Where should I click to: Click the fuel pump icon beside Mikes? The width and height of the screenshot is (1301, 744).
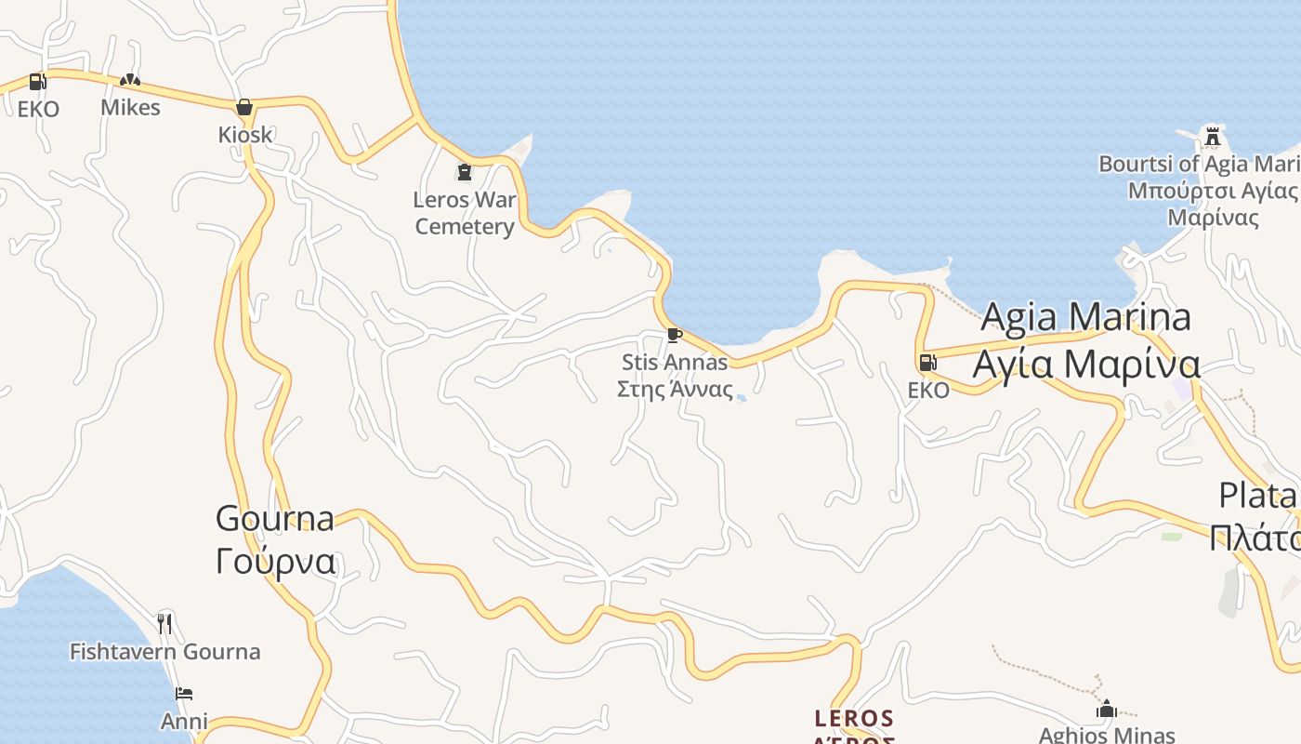37,82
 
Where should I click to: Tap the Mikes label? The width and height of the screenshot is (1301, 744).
130,108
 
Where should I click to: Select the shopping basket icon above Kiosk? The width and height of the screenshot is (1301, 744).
244,107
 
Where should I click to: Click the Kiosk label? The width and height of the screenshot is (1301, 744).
245,135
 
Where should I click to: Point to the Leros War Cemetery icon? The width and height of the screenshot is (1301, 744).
464,172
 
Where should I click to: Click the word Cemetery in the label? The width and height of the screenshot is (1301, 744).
464,227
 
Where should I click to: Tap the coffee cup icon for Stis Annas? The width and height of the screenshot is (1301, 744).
674,335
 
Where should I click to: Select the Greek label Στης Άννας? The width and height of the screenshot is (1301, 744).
675,390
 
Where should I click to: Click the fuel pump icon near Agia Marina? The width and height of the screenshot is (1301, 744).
926,363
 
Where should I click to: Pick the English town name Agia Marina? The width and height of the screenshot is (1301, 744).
1085,317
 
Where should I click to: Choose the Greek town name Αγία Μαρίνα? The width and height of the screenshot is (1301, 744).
1085,364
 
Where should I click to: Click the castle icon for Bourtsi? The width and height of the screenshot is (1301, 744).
1212,137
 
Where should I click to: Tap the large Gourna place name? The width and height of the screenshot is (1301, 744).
275,518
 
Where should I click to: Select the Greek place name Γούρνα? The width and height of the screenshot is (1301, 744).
275,562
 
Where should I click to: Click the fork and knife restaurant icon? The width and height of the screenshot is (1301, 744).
164,623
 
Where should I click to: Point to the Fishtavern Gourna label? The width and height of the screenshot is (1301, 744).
164,652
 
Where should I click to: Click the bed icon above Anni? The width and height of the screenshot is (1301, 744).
184,694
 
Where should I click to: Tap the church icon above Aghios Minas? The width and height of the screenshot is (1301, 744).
1106,710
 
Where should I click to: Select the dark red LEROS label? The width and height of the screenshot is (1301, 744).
853,719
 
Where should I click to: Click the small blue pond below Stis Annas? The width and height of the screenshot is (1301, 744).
741,398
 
